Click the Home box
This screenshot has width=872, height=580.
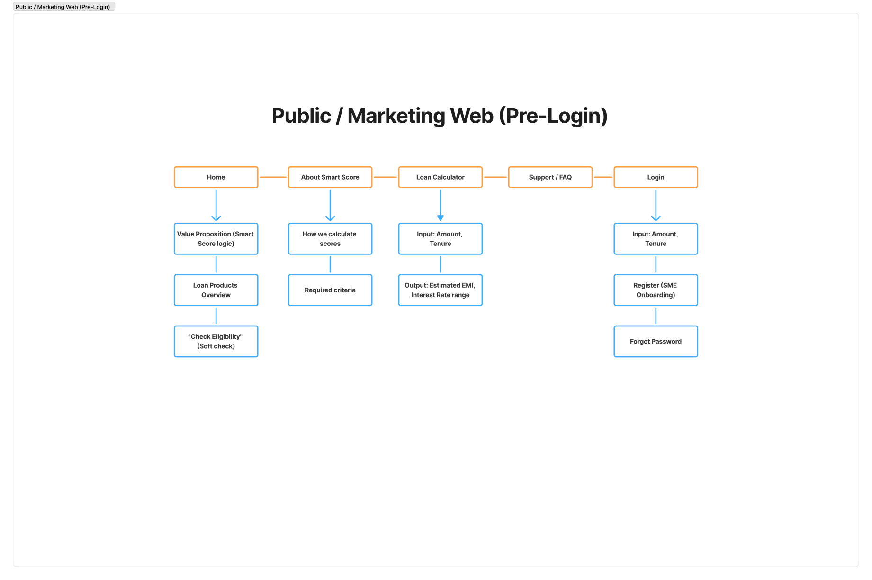(x=216, y=177)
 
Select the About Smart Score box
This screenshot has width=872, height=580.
(x=330, y=177)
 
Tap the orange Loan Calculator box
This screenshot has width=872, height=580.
(x=440, y=177)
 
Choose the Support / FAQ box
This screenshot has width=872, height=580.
(x=550, y=177)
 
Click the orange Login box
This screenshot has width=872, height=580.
(x=656, y=177)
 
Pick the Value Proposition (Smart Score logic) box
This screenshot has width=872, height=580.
(x=216, y=239)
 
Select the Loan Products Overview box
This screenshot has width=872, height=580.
(x=216, y=290)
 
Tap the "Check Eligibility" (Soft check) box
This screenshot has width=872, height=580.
(x=216, y=341)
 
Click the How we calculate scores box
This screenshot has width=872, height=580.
(x=330, y=239)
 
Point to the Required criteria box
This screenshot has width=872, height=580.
(x=330, y=290)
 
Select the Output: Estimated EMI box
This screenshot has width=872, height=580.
(x=440, y=290)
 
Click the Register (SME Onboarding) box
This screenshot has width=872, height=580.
(x=656, y=290)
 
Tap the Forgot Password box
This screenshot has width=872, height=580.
(x=656, y=341)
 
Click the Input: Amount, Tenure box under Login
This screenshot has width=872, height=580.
(x=656, y=239)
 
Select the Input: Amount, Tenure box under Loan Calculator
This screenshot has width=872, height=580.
(x=440, y=239)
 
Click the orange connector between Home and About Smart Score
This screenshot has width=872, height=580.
(x=273, y=177)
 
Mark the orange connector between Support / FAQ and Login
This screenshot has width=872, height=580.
(x=603, y=177)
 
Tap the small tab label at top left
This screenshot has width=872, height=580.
(x=63, y=7)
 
